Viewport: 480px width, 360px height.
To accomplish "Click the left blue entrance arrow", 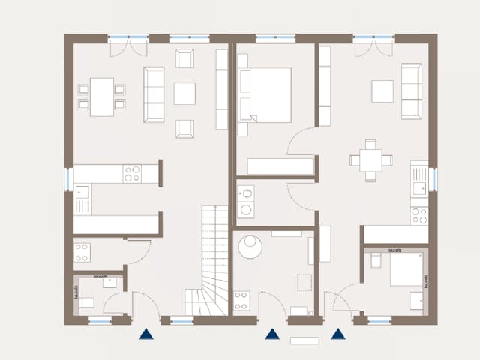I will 145,334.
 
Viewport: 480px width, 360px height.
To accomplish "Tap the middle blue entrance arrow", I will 272,334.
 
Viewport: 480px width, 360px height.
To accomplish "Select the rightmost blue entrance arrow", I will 338,334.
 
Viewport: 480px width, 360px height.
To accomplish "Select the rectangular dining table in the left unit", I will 102,97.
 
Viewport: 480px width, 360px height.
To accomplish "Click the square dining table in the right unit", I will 370,160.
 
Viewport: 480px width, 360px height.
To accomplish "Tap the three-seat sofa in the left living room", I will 154,94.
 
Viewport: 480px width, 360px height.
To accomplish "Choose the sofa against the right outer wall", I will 411,91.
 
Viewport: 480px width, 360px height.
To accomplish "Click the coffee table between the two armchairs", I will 184,94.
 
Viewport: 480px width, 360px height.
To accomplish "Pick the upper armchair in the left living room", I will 184,58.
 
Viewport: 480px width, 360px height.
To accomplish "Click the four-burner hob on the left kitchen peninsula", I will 132,174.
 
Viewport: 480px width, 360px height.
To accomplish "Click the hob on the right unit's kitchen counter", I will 418,215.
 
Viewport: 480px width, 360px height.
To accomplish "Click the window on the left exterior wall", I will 68,178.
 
